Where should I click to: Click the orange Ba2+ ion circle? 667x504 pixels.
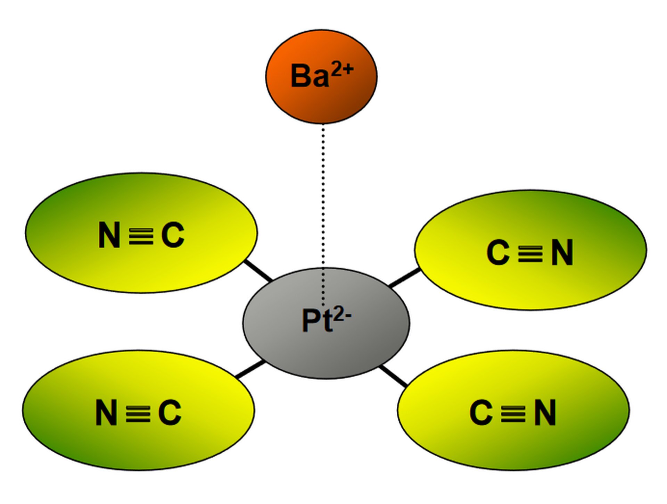[321, 76]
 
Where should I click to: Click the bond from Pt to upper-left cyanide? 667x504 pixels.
[258, 271]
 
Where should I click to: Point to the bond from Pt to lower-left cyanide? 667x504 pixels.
[250, 369]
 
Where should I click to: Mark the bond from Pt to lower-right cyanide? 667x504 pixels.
[393, 376]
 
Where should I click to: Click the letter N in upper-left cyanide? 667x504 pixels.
[109, 235]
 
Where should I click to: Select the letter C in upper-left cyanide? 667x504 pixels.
[173, 235]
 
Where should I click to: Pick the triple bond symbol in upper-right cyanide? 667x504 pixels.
[530, 253]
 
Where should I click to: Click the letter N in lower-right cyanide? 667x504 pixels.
[545, 412]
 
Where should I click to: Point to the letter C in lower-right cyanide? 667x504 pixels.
[481, 412]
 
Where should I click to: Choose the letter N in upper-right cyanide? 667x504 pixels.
[562, 253]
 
